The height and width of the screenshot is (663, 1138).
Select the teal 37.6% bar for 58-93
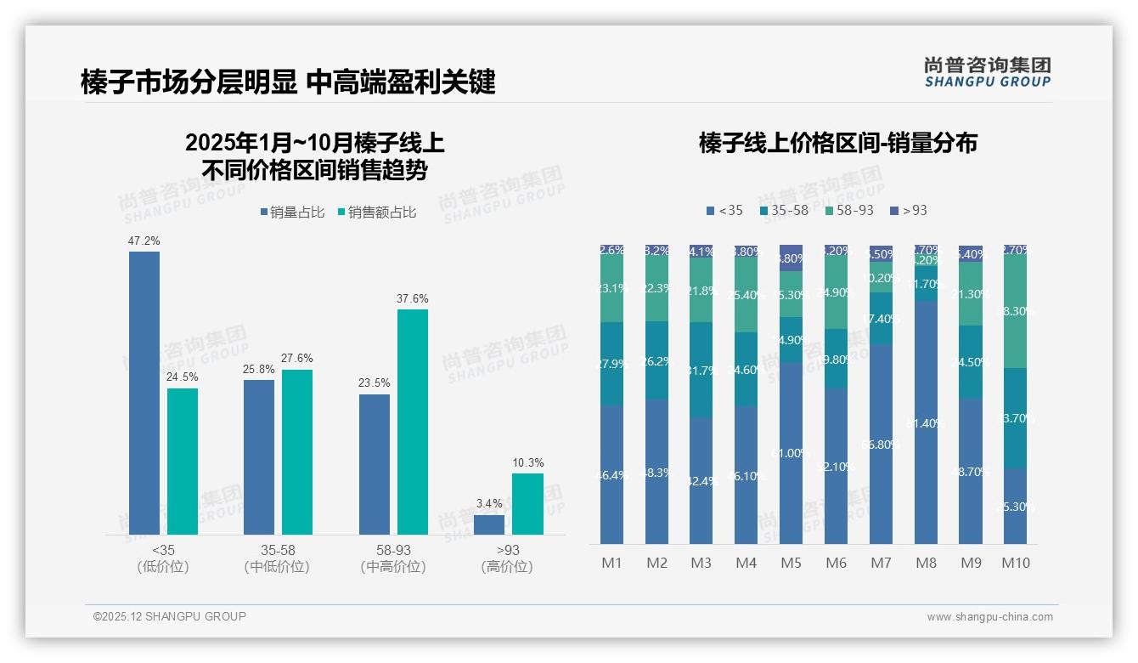click(x=413, y=422)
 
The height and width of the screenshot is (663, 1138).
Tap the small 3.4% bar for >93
click(x=489, y=524)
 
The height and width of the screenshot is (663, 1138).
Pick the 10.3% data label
click(x=527, y=463)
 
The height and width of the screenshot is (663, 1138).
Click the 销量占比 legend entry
click(x=291, y=212)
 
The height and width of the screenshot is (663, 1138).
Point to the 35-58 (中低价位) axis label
click(x=277, y=558)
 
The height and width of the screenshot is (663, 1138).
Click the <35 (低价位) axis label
click(x=162, y=558)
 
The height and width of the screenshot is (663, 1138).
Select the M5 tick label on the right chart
click(x=791, y=563)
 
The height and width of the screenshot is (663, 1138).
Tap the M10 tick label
click(x=1015, y=563)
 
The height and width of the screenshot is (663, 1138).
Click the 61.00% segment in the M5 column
click(x=791, y=453)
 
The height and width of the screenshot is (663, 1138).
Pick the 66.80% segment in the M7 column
click(x=881, y=444)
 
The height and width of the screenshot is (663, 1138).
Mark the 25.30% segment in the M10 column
click(x=1015, y=506)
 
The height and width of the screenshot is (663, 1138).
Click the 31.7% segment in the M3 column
click(x=701, y=370)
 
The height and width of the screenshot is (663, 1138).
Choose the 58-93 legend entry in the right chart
click(x=849, y=210)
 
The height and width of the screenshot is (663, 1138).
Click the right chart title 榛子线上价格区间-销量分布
click(x=837, y=143)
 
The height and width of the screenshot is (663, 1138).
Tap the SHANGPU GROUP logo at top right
click(x=987, y=72)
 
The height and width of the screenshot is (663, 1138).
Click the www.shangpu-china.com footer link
click(x=989, y=617)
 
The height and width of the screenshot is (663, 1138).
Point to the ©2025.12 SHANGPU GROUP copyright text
click(x=170, y=616)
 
